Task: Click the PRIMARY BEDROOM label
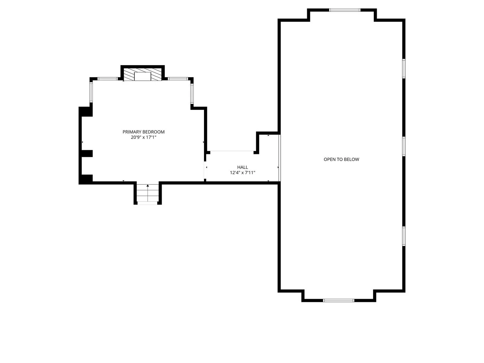(143, 132)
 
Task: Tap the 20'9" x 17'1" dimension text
(143, 137)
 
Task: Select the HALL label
(242, 167)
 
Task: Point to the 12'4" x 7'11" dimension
(242, 172)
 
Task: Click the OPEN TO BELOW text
(341, 159)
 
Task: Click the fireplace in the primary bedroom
(143, 75)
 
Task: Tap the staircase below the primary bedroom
(148, 193)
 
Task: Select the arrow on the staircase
(148, 193)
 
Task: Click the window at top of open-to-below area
(345, 10)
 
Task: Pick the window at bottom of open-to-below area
(338, 300)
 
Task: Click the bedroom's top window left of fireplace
(107, 79)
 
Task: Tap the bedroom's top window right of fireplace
(178, 79)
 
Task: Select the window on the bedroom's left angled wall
(91, 92)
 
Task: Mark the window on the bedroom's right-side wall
(192, 94)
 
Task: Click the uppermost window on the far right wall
(404, 68)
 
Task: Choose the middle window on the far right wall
(404, 146)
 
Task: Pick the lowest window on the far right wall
(404, 236)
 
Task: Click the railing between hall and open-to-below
(280, 158)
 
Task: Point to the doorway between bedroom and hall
(205, 170)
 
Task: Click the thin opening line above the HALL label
(232, 151)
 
